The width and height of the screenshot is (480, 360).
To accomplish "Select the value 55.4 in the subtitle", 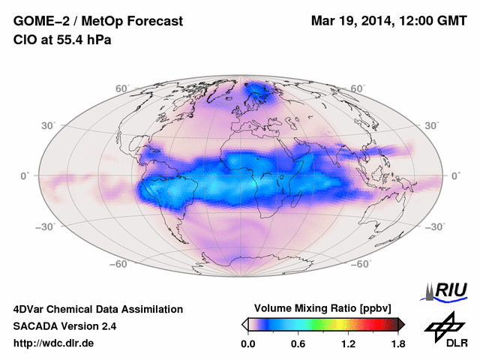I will tap(67, 39).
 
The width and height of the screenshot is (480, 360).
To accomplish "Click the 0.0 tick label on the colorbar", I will tap(247, 344).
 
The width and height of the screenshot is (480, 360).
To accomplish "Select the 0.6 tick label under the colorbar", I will tap(298, 344).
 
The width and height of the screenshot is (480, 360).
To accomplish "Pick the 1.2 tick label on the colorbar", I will tap(347, 344).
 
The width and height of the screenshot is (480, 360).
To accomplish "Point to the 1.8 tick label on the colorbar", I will tap(397, 344).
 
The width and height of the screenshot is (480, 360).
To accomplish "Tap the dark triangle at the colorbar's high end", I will tap(401, 323).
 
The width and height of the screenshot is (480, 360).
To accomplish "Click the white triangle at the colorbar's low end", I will tap(244, 323).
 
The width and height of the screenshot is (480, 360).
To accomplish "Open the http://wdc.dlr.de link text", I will tap(55, 343).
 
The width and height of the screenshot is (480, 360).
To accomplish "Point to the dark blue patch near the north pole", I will tap(259, 92).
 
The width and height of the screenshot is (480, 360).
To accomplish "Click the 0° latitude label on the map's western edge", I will tap(24, 175).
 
